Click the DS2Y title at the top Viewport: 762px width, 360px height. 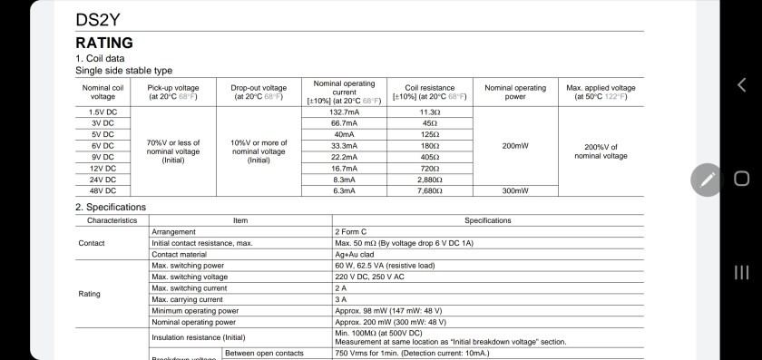pyautogui.click(x=97, y=19)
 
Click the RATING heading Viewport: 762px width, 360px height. pyautogui.click(x=103, y=43)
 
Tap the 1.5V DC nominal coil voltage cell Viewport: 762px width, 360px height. pyautogui.click(x=103, y=112)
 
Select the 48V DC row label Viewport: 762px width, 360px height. pyautogui.click(x=103, y=191)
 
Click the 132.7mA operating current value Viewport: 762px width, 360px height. pyautogui.click(x=344, y=112)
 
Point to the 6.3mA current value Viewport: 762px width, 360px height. pyautogui.click(x=344, y=191)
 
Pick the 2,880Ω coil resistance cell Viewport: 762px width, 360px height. pyautogui.click(x=429, y=180)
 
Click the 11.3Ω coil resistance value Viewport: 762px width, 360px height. pyautogui.click(x=429, y=112)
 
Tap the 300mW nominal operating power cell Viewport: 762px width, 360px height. pyautogui.click(x=514, y=191)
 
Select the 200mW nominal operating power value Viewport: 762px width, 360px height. pyautogui.click(x=514, y=145)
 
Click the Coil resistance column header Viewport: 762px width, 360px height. pyautogui.click(x=429, y=92)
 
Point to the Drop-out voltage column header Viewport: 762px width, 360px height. pyautogui.click(x=259, y=92)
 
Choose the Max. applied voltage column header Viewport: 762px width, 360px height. pyautogui.click(x=601, y=92)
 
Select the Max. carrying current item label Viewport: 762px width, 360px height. pyautogui.click(x=187, y=299)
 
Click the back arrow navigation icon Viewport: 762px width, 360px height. pyautogui.click(x=741, y=85)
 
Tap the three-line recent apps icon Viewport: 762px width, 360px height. pyautogui.click(x=741, y=272)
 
